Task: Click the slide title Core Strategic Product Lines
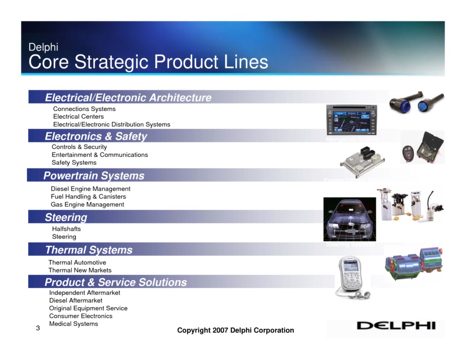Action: tap(148, 62)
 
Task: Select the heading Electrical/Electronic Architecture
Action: tap(128, 97)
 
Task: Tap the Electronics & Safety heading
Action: tap(96, 136)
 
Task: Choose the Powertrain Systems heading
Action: tap(94, 176)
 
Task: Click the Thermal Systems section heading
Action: tap(89, 250)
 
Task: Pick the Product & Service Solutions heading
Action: tap(116, 282)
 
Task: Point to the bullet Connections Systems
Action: tap(84, 109)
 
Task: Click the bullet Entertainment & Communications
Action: tap(100, 155)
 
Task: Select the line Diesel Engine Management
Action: tap(91, 189)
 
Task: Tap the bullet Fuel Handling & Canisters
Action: tap(88, 197)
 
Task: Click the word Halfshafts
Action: tap(66, 229)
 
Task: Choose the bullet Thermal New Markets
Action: tap(80, 270)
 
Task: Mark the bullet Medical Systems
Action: tap(74, 324)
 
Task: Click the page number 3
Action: tap(38, 328)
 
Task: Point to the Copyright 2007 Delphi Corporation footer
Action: tap(235, 330)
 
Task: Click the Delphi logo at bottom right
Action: tap(396, 325)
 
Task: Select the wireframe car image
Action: tap(349, 219)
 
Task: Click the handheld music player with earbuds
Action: tap(351, 277)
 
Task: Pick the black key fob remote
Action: tap(408, 154)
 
